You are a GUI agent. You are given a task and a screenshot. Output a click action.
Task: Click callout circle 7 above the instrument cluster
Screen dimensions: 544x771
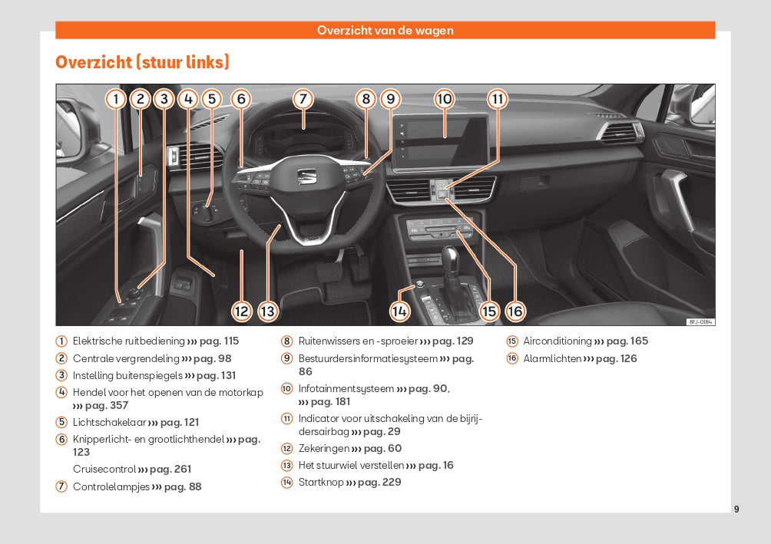coord(303,99)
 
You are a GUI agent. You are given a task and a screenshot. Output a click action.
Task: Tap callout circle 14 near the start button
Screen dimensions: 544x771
coord(399,311)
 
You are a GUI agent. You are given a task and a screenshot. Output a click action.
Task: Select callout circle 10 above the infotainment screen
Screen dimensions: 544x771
coord(445,99)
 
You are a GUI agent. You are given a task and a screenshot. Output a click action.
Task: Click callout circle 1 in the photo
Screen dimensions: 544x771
coord(115,99)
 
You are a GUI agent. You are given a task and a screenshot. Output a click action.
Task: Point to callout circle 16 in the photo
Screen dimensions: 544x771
coord(515,311)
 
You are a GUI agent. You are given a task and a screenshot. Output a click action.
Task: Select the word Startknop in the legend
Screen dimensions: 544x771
coord(321,482)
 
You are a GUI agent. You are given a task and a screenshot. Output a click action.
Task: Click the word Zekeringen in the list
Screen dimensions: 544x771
coord(323,448)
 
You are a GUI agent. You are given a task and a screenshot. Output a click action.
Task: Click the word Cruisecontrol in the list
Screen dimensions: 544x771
coord(104,469)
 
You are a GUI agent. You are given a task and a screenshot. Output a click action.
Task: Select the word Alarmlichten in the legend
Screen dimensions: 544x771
coord(552,358)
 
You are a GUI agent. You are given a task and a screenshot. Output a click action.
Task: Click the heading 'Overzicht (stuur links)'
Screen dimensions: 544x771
coord(142,62)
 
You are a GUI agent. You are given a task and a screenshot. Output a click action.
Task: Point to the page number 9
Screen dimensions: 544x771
coord(736,509)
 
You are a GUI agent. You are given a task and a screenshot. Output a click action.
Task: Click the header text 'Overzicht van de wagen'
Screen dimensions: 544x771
coord(385,31)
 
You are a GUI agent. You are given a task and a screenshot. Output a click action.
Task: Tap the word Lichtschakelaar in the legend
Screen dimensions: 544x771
coord(108,422)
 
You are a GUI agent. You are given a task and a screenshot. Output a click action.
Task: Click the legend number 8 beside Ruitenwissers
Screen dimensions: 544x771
coord(287,341)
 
